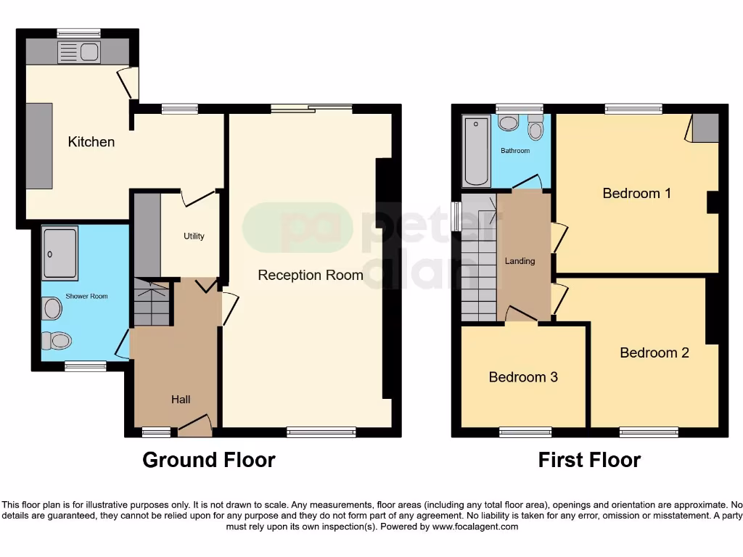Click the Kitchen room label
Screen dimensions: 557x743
coord(91,141)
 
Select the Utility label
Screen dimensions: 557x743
coord(194,236)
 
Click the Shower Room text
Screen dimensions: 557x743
coord(86,296)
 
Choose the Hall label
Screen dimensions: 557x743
coord(181,399)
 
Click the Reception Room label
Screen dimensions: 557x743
coord(311,275)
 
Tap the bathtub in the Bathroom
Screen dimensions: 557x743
coord(477,151)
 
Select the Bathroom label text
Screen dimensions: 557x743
coord(515,151)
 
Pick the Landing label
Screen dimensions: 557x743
coord(520,261)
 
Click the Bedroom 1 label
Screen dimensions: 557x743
coord(636,193)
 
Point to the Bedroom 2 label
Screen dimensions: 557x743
coord(654,352)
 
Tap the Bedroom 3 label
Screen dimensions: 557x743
coord(522,377)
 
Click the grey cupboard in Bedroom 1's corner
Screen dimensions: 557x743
coord(705,128)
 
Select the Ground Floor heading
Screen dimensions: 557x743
coord(208,460)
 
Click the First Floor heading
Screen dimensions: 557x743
coord(589,460)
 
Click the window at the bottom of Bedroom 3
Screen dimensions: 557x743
coord(525,433)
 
